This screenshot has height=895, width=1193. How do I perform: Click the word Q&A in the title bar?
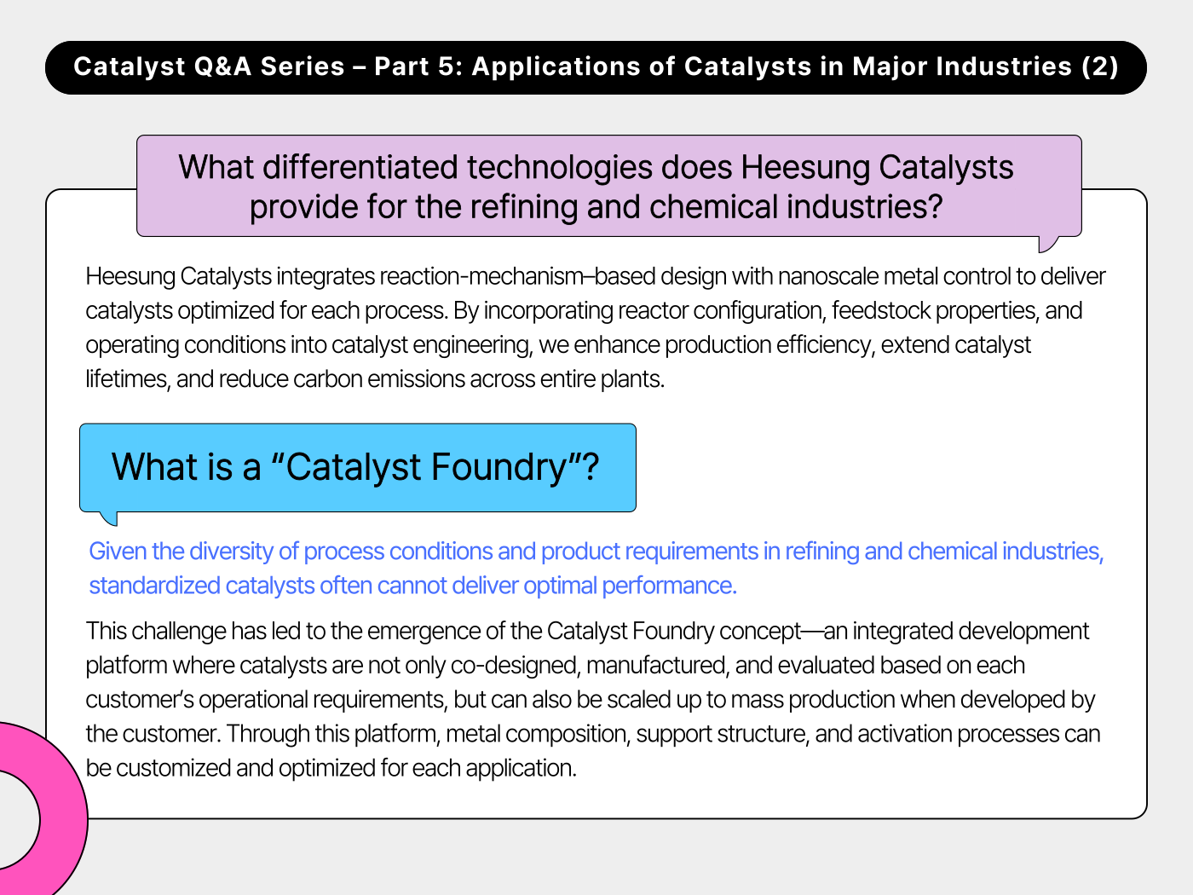tap(222, 66)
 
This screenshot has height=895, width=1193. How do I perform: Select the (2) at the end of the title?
tap(1099, 66)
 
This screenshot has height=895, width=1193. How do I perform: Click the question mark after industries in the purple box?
tap(935, 207)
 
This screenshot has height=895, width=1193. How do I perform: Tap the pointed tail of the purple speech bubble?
tap(1046, 245)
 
